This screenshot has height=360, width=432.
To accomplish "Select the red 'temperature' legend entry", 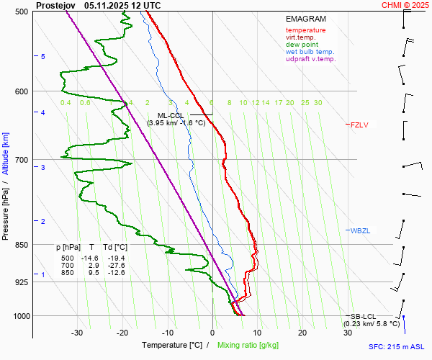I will [x=305, y=30].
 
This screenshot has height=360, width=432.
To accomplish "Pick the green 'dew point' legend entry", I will [x=302, y=45].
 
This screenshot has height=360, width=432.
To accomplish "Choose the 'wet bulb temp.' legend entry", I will [x=310, y=52].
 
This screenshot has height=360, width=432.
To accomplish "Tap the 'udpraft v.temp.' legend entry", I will [x=310, y=59].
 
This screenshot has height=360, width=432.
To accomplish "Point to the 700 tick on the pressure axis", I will [x=22, y=160].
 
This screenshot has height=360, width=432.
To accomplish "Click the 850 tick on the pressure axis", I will [x=22, y=245].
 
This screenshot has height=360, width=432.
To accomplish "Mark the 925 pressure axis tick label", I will [x=22, y=282].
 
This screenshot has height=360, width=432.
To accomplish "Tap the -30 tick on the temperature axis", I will [x=78, y=333].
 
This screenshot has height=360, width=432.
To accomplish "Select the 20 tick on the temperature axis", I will [x=302, y=333].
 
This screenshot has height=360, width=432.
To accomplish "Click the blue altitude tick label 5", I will [x=43, y=56].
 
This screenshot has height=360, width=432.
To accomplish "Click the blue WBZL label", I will [x=360, y=230].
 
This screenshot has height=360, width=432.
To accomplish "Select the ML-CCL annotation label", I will [x=171, y=115].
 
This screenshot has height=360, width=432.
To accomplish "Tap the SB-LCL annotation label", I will [x=363, y=317].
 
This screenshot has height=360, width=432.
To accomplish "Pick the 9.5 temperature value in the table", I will [x=92, y=273].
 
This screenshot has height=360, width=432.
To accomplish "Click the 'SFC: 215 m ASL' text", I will [x=400, y=347].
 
